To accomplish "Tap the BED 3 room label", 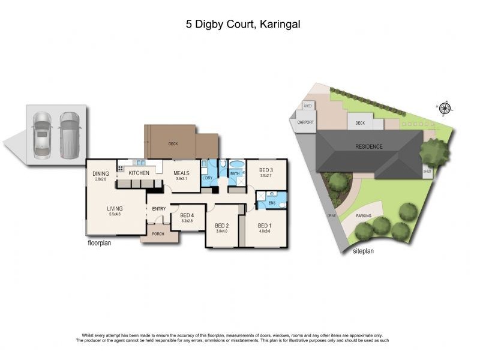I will click(x=266, y=170).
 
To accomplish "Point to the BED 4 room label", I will click(x=187, y=215).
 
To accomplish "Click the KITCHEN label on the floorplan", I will click(x=139, y=173).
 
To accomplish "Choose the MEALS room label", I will click(x=182, y=173).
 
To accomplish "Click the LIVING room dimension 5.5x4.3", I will click(x=114, y=214).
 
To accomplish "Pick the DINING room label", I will click(x=101, y=173).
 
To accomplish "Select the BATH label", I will click(x=235, y=173).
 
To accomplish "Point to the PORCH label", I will click(x=159, y=234).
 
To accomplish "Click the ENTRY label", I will click(x=159, y=208).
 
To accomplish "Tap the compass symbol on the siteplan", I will click(x=445, y=109).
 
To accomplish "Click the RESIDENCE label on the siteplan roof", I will click(x=368, y=146).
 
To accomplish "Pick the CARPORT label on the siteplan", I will click(x=306, y=122).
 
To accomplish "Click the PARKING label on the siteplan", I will click(x=364, y=215).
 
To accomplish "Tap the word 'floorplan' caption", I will click(x=100, y=244).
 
